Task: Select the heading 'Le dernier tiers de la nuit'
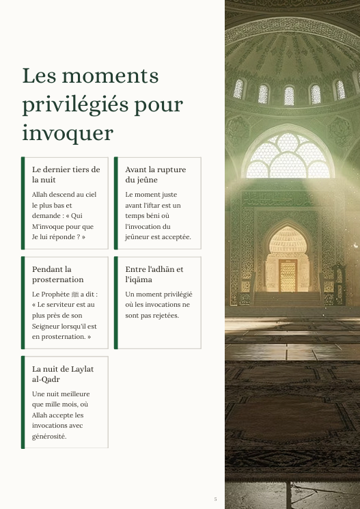(x=66, y=174)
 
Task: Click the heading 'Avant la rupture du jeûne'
(x=155, y=174)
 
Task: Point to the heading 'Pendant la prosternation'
(x=58, y=274)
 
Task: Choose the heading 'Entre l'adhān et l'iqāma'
(x=154, y=274)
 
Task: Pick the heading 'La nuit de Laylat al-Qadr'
(x=63, y=374)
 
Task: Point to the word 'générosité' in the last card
(x=49, y=436)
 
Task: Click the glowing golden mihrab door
(x=288, y=274)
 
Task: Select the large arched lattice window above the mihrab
(x=288, y=156)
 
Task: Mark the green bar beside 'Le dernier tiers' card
(x=23, y=202)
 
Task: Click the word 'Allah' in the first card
(x=40, y=195)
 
